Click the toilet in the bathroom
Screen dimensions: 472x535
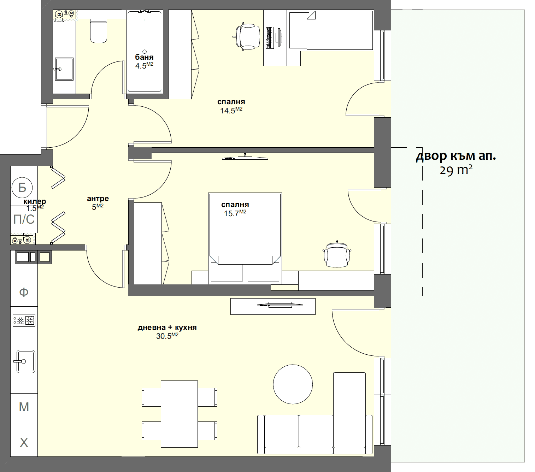click(99, 32)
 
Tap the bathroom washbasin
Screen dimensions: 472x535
click(64, 69)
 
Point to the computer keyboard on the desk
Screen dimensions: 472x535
click(269, 37)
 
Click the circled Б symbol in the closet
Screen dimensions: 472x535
click(22, 187)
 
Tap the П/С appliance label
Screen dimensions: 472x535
click(24, 219)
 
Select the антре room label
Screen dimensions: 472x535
click(98, 199)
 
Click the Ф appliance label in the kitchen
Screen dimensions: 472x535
click(24, 292)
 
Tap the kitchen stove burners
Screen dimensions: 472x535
click(24, 320)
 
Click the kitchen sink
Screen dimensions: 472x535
click(26, 361)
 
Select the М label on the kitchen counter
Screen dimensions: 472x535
click(24, 407)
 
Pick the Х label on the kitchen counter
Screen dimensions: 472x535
click(24, 442)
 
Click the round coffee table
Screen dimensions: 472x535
click(293, 384)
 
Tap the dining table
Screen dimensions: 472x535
click(179, 414)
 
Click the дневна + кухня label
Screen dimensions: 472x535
click(167, 328)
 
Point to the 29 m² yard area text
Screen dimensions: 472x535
click(456, 170)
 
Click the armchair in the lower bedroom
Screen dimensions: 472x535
click(337, 254)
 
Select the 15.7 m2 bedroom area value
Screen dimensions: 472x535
click(235, 213)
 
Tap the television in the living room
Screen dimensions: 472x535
click(280, 305)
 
